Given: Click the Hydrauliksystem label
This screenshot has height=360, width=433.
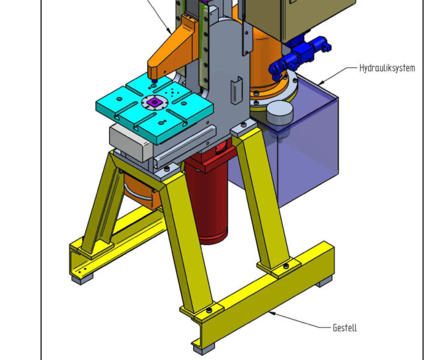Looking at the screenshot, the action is coord(387,68).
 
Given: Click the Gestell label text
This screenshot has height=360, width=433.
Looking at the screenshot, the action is coord(344,328).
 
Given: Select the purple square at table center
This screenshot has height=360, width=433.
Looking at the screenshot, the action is coord(153,102).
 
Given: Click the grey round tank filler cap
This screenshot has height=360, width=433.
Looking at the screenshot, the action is coord(280,112).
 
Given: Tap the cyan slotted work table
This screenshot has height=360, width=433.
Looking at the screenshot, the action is coord(155,109).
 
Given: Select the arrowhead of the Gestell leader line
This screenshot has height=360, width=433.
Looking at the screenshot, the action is coord(272,313).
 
